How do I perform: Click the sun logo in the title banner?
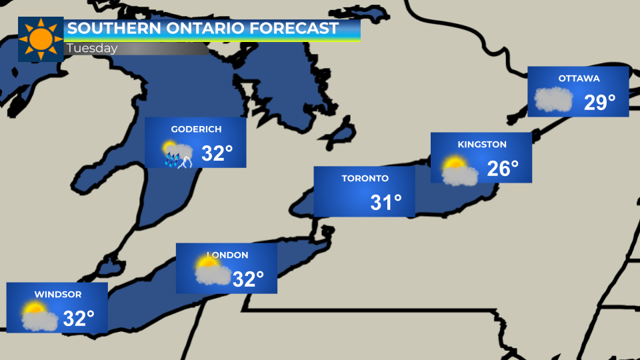(x=41, y=39)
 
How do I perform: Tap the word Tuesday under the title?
(x=92, y=49)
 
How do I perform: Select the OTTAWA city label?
(x=579, y=78)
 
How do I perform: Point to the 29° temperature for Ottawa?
(x=600, y=103)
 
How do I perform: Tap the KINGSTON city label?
(x=482, y=144)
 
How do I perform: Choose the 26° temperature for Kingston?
(x=503, y=169)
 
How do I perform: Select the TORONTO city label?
(x=365, y=178)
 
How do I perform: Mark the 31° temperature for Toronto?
(x=386, y=203)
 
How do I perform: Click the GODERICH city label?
(x=196, y=129)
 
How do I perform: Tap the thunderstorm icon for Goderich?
(x=179, y=155)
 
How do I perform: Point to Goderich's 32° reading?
(x=217, y=154)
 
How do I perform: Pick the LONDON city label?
(x=227, y=255)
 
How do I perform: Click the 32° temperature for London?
(x=248, y=279)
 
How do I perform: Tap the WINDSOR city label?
(x=58, y=294)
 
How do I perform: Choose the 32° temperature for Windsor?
(x=79, y=319)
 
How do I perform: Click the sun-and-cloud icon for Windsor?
(x=39, y=317)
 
